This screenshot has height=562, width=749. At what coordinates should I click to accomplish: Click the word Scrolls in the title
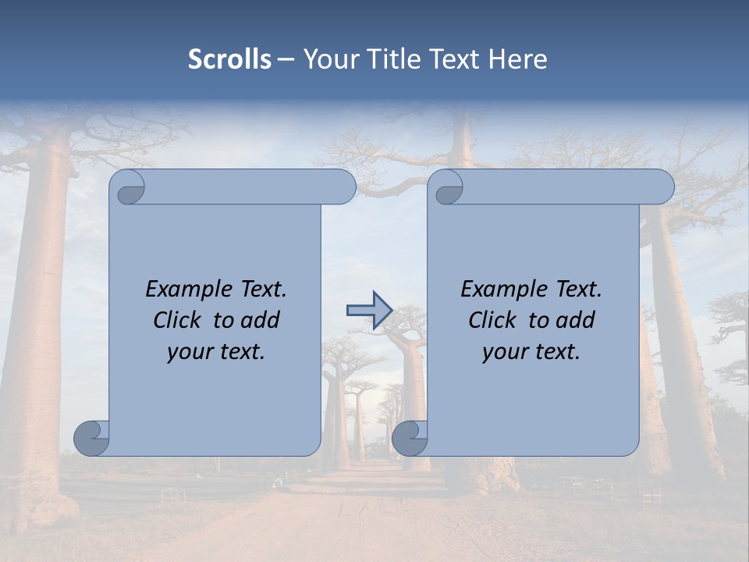(229, 59)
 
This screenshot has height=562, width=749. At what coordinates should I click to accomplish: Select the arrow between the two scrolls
(369, 310)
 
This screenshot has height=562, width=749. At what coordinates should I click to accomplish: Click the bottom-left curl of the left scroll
(91, 437)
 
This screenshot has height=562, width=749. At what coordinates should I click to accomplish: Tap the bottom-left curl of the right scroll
(410, 437)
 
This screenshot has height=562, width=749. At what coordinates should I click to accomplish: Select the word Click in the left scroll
(176, 321)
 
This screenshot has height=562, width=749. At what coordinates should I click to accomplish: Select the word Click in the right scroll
(492, 321)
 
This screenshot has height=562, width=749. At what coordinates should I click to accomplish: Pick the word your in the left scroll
(189, 352)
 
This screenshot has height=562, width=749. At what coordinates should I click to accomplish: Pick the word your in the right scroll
(504, 352)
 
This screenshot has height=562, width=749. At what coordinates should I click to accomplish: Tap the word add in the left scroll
(261, 321)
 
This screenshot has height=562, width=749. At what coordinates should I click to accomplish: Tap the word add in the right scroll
(577, 321)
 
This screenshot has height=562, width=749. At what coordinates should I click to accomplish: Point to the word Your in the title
(327, 59)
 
